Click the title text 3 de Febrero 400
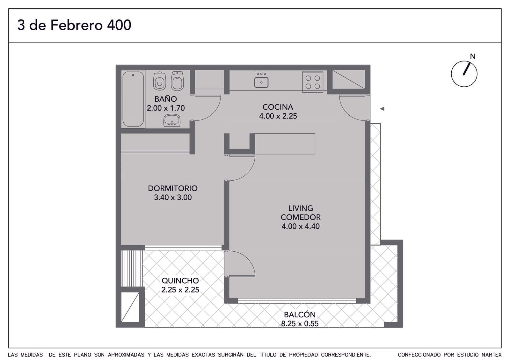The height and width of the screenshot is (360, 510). (74, 25)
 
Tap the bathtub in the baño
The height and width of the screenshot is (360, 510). (133, 99)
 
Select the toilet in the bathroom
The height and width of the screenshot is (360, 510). (159, 81)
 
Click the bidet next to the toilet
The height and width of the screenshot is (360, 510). (177, 81)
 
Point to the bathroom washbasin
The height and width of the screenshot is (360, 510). (172, 120)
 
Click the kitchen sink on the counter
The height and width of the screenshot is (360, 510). (261, 82)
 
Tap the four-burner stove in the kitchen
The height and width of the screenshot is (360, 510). (312, 82)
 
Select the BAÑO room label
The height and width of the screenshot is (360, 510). (165, 99)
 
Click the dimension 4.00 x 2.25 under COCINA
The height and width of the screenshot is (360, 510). (278, 116)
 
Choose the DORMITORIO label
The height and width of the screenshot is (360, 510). (172, 188)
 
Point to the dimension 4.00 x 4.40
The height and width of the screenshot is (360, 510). (300, 226)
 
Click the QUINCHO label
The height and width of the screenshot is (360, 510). (180, 280)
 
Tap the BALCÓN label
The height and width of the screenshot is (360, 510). (300, 314)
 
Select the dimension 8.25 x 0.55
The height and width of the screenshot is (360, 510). (300, 324)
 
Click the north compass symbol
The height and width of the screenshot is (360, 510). (464, 74)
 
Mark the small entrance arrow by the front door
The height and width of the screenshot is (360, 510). (382, 109)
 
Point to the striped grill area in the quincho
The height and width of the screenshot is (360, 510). (132, 268)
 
